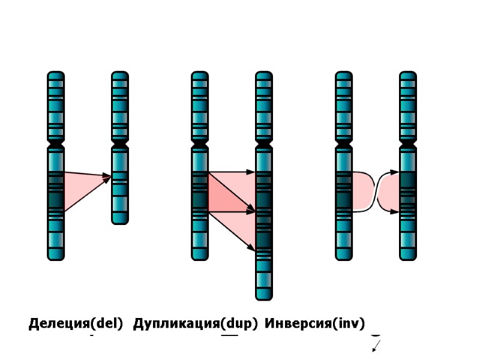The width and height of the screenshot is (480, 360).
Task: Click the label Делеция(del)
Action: coord(76,325)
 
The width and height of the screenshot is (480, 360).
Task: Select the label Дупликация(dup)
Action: coord(195,325)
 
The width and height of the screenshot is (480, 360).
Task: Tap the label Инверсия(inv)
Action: coord(315,325)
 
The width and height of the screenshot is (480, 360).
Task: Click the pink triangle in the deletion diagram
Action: coord(81,186)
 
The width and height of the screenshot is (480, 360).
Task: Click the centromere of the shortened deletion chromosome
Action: coord(120,146)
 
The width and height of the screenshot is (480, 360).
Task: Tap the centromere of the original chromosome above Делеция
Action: coord(56,146)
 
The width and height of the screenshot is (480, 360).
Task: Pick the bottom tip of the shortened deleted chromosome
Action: coord(120,222)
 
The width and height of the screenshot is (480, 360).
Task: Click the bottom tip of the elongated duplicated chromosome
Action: coord(264,298)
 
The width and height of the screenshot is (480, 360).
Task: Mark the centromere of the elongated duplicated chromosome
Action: coord(264,146)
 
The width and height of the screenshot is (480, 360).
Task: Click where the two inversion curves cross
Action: coord(376,192)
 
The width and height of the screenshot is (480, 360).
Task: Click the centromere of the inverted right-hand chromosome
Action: coord(408,146)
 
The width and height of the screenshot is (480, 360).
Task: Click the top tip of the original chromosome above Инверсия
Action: coord(344,74)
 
